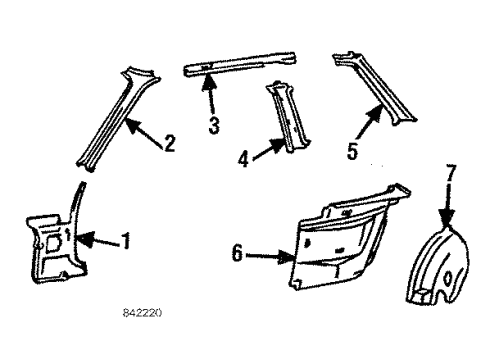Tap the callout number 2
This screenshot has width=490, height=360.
click(169, 144)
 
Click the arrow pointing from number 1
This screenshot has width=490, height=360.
click(98, 240)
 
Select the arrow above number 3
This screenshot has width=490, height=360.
click(210, 100)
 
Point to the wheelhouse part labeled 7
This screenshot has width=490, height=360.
click(440, 270)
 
